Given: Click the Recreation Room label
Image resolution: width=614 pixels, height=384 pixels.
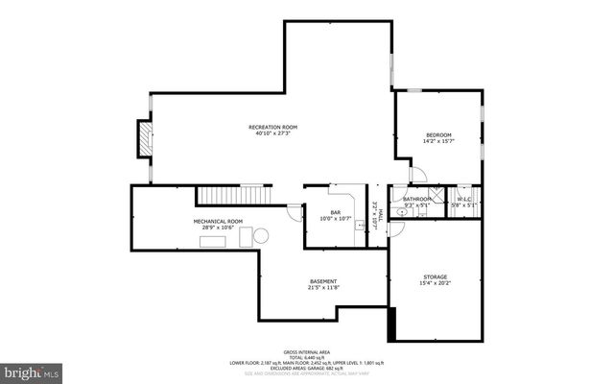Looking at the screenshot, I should tap(272, 127).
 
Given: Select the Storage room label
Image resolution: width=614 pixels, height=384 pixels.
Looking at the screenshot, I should tap(435, 276).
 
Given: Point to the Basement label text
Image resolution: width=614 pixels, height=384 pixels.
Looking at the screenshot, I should tap(322, 281).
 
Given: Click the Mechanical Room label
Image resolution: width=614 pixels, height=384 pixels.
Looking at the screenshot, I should tap(218, 221).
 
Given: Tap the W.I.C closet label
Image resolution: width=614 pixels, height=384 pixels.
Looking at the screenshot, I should tap(464, 199).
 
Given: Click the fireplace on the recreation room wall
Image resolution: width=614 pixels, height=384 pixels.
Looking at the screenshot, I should tap(143, 138).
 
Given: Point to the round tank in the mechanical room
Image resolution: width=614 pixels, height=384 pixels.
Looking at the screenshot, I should tap(260, 235).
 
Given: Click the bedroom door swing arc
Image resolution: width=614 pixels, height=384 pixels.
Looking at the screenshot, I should tap(417, 174).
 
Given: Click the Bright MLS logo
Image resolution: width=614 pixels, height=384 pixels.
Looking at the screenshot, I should tap(32, 369).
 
